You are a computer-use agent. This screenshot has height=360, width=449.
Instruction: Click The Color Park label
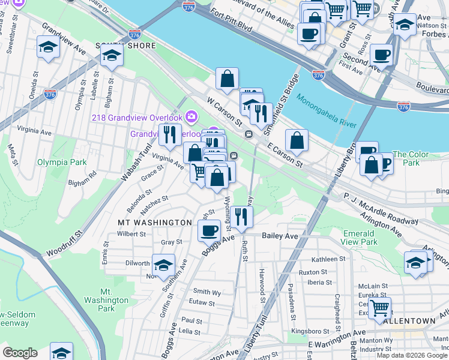point(411,158)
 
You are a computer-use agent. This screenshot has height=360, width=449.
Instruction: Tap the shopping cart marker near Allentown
point(379,308)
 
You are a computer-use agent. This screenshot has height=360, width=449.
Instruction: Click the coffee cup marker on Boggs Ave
point(209,230)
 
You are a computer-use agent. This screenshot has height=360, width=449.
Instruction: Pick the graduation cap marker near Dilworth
point(163,265)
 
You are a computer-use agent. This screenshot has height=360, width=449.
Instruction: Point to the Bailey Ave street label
point(280,236)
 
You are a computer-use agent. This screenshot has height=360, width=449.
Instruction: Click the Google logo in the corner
point(19,353)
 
